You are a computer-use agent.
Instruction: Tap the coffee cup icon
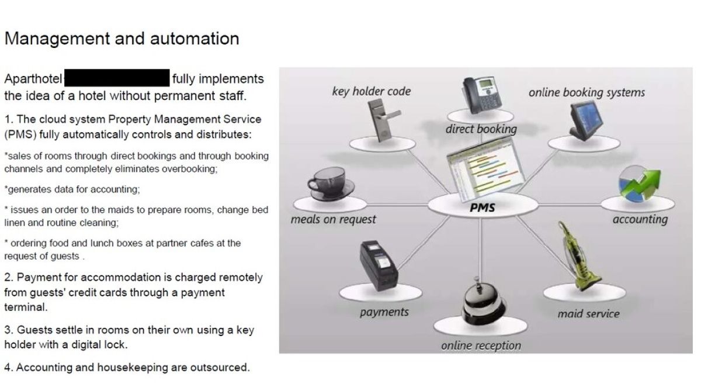pos(327,181)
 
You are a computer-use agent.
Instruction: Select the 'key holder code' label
pos(372,91)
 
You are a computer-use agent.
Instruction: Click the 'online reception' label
pos(481,345)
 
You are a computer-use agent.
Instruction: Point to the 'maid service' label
pos(588,314)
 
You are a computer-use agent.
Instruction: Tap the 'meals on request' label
pos(333,220)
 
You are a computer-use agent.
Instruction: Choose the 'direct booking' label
pos(481,129)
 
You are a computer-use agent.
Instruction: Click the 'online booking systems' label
pos(587,92)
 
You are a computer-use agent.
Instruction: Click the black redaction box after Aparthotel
pos(117,78)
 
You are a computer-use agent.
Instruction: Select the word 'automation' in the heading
pos(195,39)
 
